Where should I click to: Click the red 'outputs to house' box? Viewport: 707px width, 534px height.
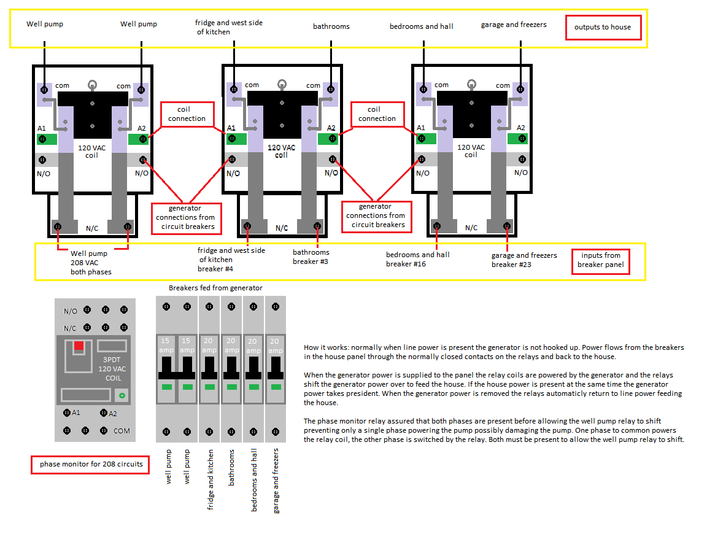(x=603, y=27)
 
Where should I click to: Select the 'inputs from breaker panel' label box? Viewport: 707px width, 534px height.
(x=600, y=260)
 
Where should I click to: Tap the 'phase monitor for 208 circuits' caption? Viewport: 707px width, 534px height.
(x=91, y=464)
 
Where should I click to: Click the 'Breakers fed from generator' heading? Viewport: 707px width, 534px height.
(x=215, y=288)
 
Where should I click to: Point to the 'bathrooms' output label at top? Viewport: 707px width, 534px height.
(x=331, y=26)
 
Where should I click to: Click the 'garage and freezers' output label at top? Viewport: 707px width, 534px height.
(x=514, y=25)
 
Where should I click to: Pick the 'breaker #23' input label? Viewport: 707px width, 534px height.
(x=511, y=265)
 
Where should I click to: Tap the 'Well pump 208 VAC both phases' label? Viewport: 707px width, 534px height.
(x=91, y=263)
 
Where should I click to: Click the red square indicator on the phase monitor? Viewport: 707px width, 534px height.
(x=79, y=346)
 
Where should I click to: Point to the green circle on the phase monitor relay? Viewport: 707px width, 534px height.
(x=122, y=396)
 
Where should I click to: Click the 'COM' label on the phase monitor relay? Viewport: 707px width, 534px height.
(x=122, y=431)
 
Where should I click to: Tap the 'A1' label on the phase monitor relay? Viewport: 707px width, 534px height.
(x=75, y=412)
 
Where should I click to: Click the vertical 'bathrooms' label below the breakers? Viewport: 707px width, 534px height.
(x=232, y=468)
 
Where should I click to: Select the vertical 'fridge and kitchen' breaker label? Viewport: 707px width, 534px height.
(x=211, y=479)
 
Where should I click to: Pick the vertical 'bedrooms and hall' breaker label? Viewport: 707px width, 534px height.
(x=254, y=479)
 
